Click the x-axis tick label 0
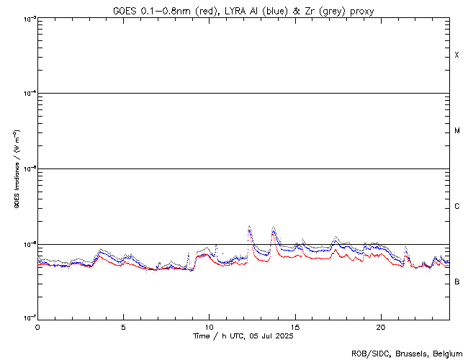37,326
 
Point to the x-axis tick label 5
123,326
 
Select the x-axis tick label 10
209,326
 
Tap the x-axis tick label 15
294,326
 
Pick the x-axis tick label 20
380,326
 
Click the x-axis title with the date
243,336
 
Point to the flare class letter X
457,55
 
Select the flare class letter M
457,131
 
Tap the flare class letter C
457,207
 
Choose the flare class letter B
457,282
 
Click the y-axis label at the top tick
27,18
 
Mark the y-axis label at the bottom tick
27,318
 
